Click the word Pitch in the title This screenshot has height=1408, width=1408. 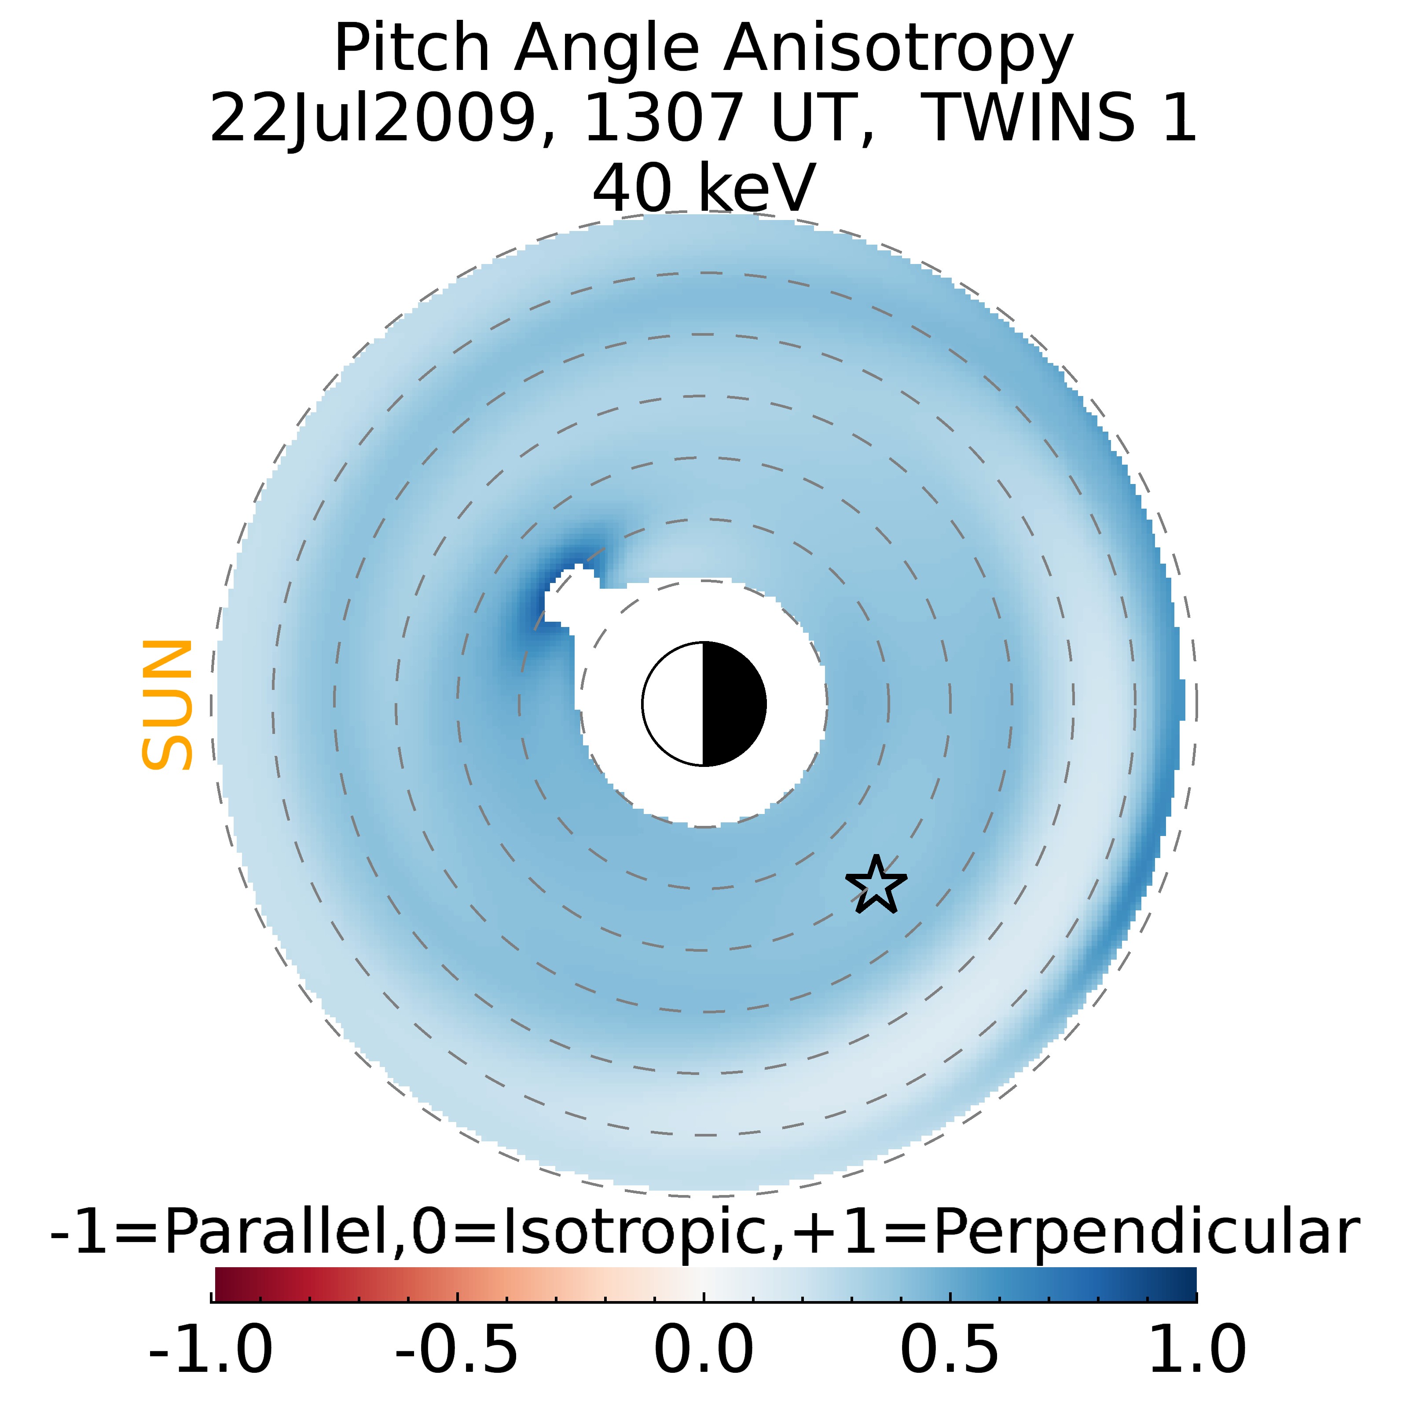(x=412, y=50)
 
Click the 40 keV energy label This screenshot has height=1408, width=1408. (x=703, y=188)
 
